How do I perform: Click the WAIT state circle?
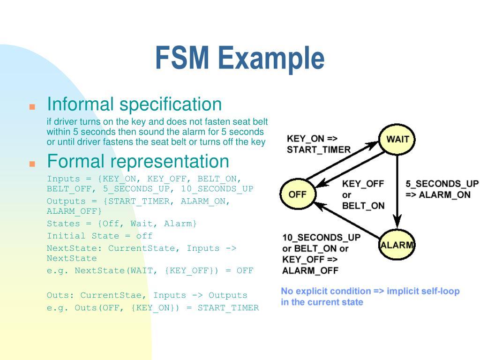397,139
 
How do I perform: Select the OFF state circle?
297,194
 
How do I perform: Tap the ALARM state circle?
397,245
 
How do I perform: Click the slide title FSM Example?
240,58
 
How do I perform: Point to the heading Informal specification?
134,104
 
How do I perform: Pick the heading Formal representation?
138,161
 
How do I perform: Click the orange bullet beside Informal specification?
32,106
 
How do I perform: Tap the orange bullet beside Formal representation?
32,164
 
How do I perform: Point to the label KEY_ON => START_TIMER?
318,144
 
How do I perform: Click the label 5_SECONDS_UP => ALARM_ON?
442,189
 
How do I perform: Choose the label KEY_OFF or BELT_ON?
363,195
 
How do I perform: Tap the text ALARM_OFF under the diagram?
310,270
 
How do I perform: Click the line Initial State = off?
99,236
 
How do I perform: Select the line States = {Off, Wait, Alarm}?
122,224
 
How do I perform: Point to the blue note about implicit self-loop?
370,296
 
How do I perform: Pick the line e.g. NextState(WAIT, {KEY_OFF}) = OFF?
150,270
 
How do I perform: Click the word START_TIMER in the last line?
228,307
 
